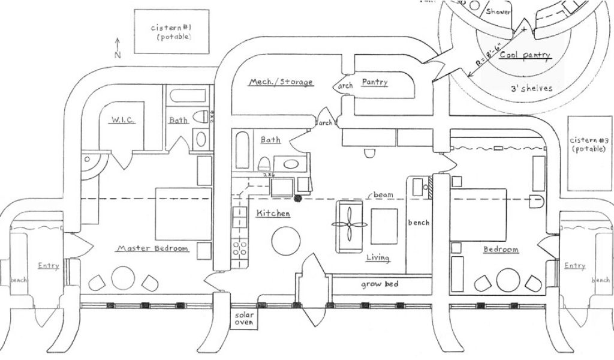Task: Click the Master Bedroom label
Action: pos(152,248)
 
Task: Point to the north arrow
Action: pos(118,47)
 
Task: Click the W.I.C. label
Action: pos(122,121)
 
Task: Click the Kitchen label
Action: pos(273,214)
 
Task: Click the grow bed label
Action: pos(380,284)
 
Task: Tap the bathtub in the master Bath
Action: pos(185,96)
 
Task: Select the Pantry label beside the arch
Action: pos(375,82)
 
